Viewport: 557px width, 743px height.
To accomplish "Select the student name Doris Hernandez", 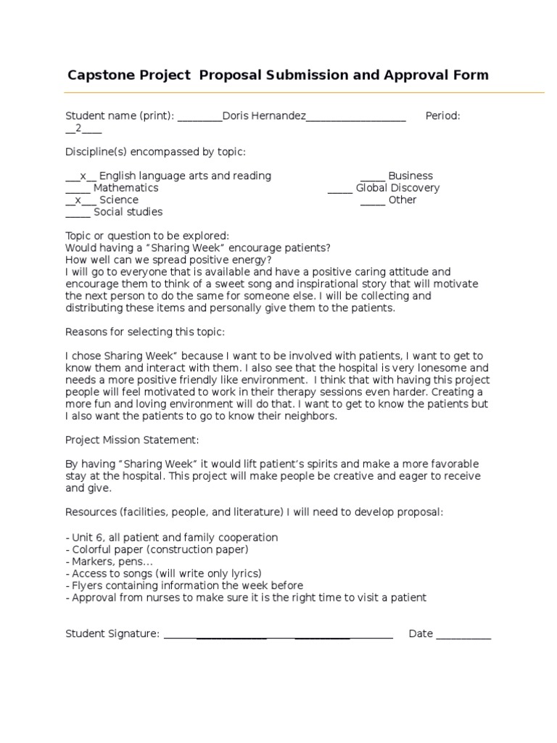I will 264,116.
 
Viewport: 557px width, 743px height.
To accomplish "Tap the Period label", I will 442,116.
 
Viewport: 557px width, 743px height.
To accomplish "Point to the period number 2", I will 78,128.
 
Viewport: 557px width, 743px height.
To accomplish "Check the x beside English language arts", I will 83,176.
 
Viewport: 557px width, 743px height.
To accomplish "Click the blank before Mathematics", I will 78,188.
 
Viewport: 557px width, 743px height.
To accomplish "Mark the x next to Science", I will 78,200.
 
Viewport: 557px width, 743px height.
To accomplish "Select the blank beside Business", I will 373,176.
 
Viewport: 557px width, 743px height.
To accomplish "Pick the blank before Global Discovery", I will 339,188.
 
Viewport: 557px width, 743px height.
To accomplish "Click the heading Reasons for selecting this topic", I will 145,332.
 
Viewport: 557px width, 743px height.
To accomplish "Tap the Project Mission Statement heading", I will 132,440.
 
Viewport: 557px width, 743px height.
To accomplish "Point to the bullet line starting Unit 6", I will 172,538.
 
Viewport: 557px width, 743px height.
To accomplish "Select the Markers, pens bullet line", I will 110,562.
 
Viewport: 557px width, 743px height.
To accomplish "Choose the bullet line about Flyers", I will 184,586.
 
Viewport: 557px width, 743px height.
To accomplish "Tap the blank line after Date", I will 463,636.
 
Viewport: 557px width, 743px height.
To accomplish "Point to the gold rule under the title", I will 305,92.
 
